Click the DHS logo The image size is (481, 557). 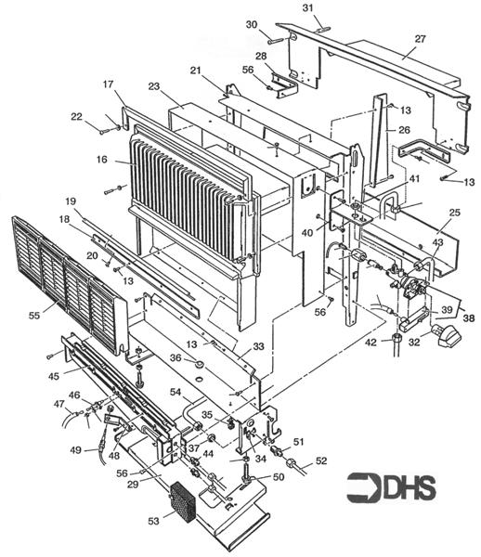click(x=391, y=487)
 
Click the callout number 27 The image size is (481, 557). click(x=420, y=39)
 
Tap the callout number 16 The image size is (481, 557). click(x=102, y=160)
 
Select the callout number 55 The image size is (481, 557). click(x=34, y=315)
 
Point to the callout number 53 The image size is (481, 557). click(x=153, y=521)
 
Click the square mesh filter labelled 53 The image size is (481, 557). click(x=183, y=501)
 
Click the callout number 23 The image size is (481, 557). click(x=154, y=86)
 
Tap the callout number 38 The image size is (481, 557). click(x=469, y=317)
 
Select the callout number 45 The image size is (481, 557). click(x=54, y=376)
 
